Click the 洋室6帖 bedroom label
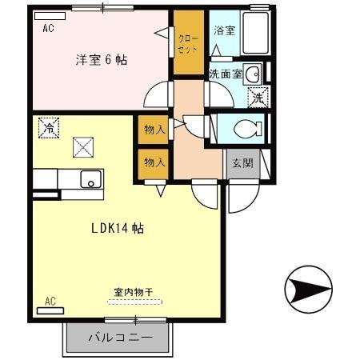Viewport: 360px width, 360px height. [x=102, y=60]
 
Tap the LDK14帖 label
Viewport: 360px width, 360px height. [x=116, y=228]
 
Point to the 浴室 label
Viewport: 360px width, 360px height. [x=224, y=30]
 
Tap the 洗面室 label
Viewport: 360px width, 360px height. [x=225, y=74]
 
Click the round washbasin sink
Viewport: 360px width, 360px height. [x=250, y=74]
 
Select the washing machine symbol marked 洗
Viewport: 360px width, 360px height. [x=258, y=98]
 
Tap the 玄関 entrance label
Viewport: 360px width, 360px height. [x=242, y=163]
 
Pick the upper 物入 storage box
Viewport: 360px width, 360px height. [x=154, y=130]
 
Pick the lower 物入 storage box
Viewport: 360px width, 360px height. [x=154, y=162]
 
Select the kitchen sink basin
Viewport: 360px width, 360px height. [x=90, y=179]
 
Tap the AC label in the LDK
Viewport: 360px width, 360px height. [x=50, y=302]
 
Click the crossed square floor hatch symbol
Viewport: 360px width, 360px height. [x=82, y=147]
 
